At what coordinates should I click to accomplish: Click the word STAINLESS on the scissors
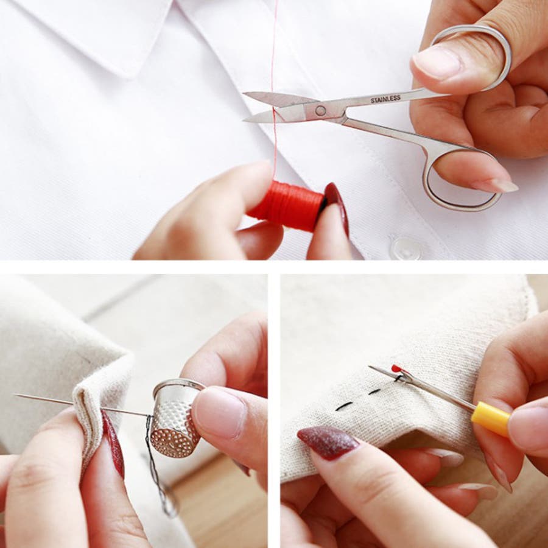pyautogui.click(x=385, y=99)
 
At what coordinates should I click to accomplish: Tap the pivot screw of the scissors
pyautogui.click(x=320, y=111)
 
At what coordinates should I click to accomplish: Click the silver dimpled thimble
pyautogui.click(x=175, y=418)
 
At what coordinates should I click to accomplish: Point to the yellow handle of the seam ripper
pyautogui.click(x=490, y=418)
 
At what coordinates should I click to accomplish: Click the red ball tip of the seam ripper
pyautogui.click(x=396, y=368)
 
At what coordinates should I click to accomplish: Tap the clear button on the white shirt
pyautogui.click(x=406, y=248)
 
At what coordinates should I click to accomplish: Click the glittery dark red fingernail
pyautogui.click(x=328, y=443)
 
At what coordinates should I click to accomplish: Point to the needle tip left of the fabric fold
pyautogui.click(x=15, y=395)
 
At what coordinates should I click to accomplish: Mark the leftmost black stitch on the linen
pyautogui.click(x=344, y=406)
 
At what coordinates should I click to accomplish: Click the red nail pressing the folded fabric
pyautogui.click(x=113, y=444)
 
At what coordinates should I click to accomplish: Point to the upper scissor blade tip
pyautogui.click(x=245, y=93)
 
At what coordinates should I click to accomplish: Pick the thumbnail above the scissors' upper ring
pyautogui.click(x=437, y=62)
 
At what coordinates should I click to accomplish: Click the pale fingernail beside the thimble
pyautogui.click(x=219, y=413)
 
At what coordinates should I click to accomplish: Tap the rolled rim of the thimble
pyautogui.click(x=178, y=384)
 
